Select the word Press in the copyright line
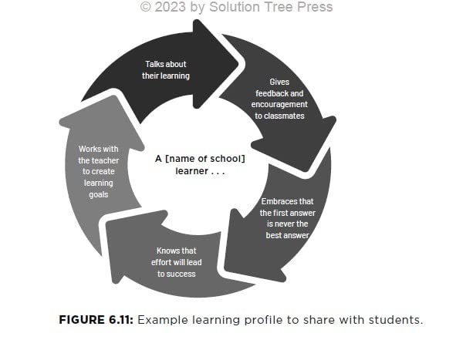pos(313,7)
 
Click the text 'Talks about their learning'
pos(165,69)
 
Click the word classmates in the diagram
pos(279,116)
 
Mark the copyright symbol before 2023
pos(145,7)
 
